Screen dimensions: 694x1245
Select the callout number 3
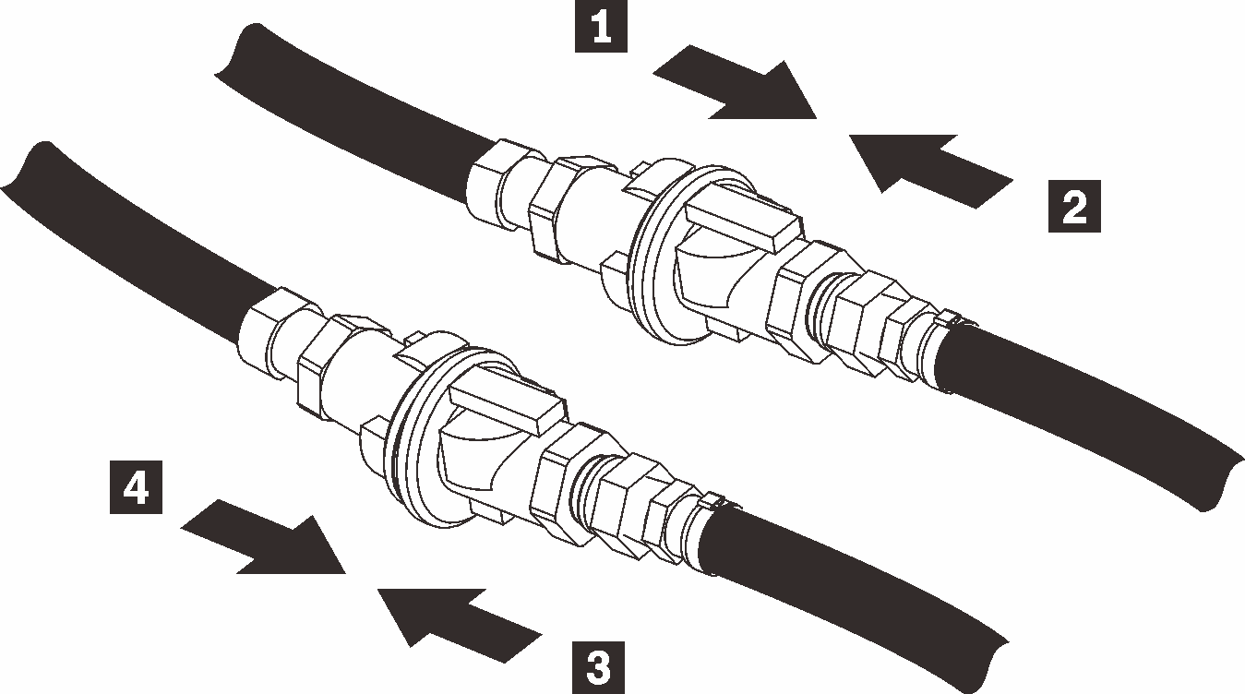[x=599, y=664]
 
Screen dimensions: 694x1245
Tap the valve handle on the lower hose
[x=506, y=404]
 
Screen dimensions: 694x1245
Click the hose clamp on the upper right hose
[x=953, y=322]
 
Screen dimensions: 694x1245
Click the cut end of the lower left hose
[x=23, y=171]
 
